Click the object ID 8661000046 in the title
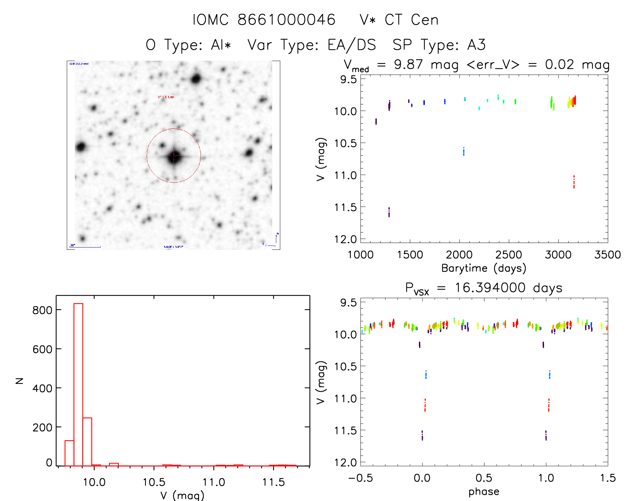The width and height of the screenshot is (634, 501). [286, 20]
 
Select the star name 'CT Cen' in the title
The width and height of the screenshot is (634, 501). [411, 20]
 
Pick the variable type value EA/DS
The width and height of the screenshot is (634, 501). [352, 45]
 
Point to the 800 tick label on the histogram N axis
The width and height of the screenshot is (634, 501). [42, 310]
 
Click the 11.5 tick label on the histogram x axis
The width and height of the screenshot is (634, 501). [273, 482]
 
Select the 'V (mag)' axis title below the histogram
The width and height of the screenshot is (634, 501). [182, 495]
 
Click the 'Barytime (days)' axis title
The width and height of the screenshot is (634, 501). [484, 268]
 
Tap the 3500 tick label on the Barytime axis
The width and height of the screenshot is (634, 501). [607, 255]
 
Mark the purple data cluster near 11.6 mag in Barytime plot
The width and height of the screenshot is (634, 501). [389, 212]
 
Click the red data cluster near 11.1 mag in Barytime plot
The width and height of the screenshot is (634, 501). [574, 182]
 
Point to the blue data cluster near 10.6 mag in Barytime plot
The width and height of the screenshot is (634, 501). [464, 152]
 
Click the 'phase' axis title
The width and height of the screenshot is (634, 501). [484, 492]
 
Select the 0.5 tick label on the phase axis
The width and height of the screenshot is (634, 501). [484, 478]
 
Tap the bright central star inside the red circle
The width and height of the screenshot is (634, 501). [174, 156]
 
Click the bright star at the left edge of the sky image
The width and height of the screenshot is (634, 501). [81, 147]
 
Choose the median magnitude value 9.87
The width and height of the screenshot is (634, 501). [408, 65]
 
